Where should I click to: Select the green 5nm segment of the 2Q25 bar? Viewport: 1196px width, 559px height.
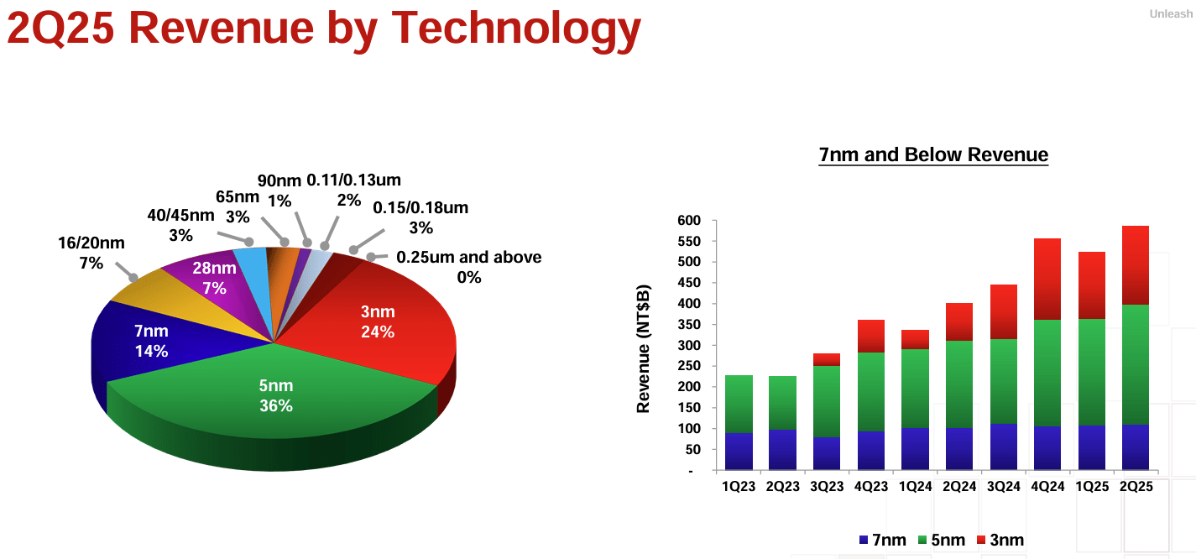tap(1135, 364)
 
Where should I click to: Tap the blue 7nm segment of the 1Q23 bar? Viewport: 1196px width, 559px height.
tap(739, 451)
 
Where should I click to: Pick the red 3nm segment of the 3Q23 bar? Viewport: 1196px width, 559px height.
tap(827, 359)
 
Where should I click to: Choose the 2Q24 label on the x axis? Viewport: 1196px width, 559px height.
tap(958, 488)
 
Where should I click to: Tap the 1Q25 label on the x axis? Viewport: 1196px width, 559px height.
tap(1091, 488)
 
